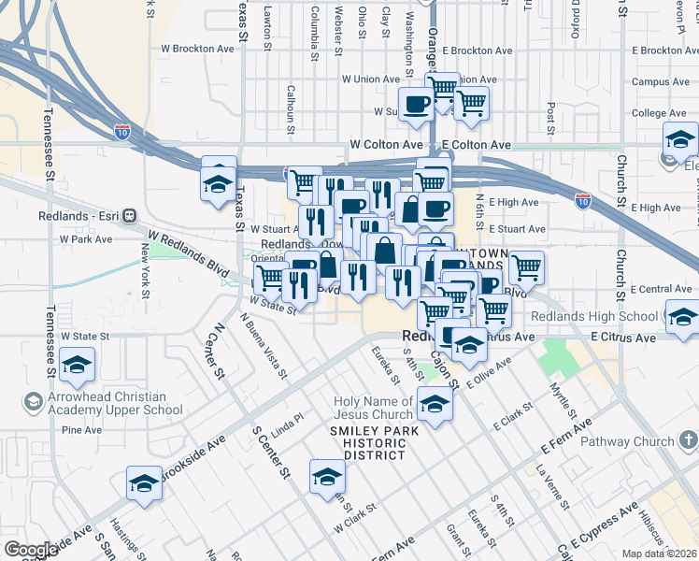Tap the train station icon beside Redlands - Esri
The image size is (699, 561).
(x=129, y=214)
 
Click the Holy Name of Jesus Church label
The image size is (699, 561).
(x=374, y=408)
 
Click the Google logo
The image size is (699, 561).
(x=31, y=550)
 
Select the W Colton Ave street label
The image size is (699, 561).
(x=386, y=145)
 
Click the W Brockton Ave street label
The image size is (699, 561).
(x=197, y=48)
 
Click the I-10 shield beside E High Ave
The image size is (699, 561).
(x=583, y=201)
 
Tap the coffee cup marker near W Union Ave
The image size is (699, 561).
(x=416, y=104)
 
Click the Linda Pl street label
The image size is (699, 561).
(x=288, y=425)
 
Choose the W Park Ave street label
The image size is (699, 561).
(x=85, y=239)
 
